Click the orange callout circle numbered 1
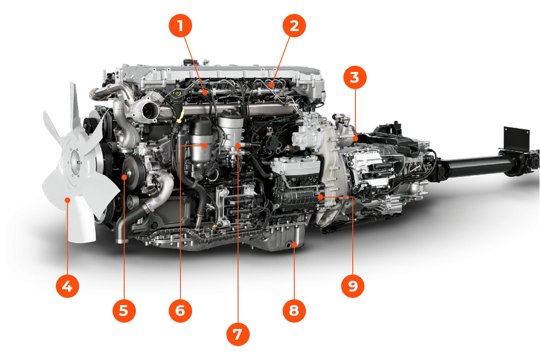pyautogui.click(x=180, y=26)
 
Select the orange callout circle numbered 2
pyautogui.click(x=294, y=26)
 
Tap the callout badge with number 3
pyautogui.click(x=354, y=77)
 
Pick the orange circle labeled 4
pyautogui.click(x=67, y=286)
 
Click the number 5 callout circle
pyautogui.click(x=124, y=310)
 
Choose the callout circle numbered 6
pyautogui.click(x=180, y=310)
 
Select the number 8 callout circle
pyautogui.click(x=294, y=310)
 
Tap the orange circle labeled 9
pyautogui.click(x=352, y=286)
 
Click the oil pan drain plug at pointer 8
pyautogui.click(x=294, y=244)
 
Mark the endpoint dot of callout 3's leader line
pyautogui.click(x=355, y=139)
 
